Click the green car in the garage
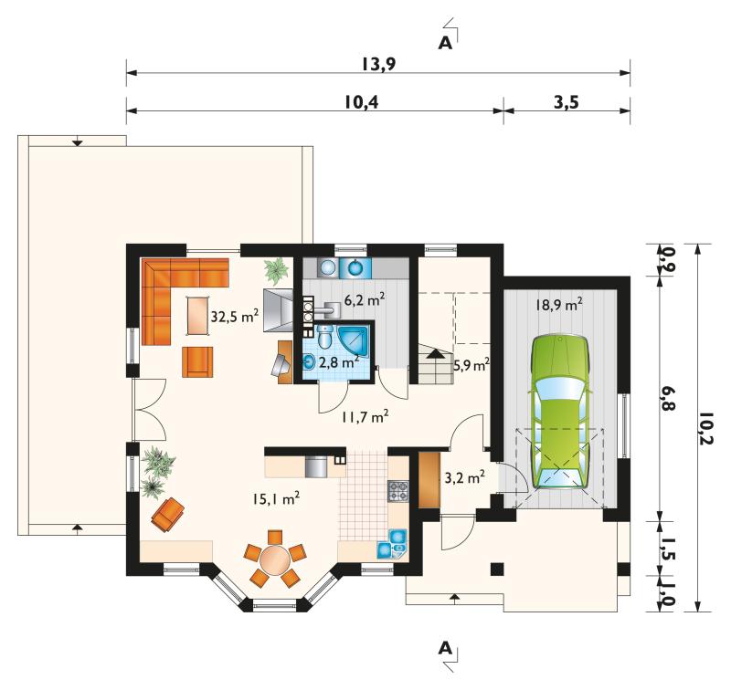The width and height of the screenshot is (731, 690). coord(559,411)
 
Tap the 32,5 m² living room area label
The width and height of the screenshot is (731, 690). coord(235,316)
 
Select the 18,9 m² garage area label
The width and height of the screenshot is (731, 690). coord(559,305)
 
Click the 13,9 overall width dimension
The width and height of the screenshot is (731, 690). coord(378,64)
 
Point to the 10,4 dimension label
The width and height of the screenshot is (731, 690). coord(362,101)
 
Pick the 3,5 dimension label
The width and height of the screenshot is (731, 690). coord(567,101)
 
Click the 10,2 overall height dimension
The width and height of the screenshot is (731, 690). coord(706,428)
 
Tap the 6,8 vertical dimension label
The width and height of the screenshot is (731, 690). coord(668,398)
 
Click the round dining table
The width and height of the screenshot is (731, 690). coord(275,560)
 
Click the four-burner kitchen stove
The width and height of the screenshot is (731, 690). coord(398,491)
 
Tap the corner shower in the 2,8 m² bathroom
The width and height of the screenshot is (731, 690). coord(355,340)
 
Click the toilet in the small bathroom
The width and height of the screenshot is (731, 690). coord(324,337)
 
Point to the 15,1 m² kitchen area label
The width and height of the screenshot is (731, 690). coord(276,498)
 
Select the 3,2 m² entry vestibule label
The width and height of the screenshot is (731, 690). coord(465,477)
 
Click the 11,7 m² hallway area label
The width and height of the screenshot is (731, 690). coord(365,416)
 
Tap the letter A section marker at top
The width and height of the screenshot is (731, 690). coord(446,43)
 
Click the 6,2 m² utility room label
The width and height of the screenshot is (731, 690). coord(365,299)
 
